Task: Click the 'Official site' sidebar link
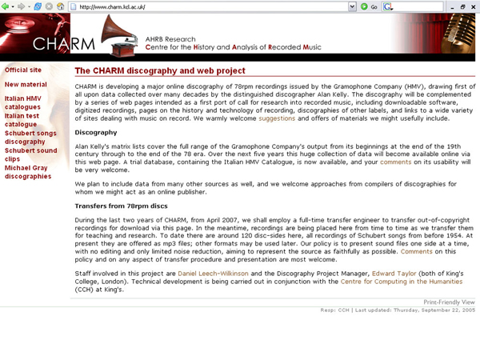coord(23,70)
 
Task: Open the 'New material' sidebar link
coord(26,84)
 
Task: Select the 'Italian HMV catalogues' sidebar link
coord(22,102)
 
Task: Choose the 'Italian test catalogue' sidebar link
coord(22,120)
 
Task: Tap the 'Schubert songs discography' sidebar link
coord(30,138)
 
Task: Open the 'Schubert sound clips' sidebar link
coord(30,154)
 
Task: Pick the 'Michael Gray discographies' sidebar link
coord(28,172)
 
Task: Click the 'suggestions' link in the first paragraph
coord(277,118)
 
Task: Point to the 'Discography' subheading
coord(95,132)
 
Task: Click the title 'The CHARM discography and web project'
coord(159,71)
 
